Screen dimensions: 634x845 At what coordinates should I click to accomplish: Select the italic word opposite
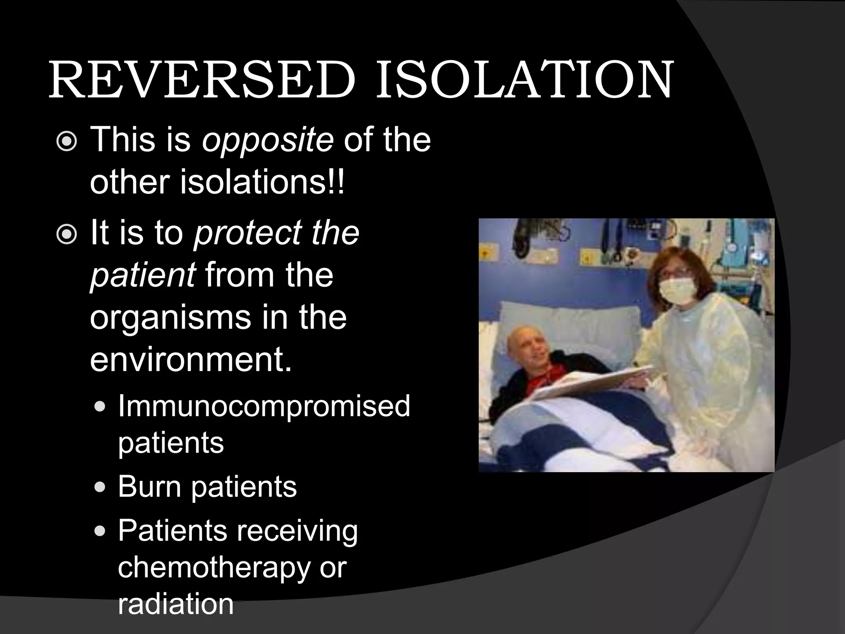coord(267,140)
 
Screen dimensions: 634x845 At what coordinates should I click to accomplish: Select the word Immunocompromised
coord(264,406)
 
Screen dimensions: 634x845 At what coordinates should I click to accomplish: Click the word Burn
coord(149,486)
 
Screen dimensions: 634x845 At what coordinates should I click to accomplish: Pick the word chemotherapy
coord(214,568)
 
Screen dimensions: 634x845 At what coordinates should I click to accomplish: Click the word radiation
coord(176,604)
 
